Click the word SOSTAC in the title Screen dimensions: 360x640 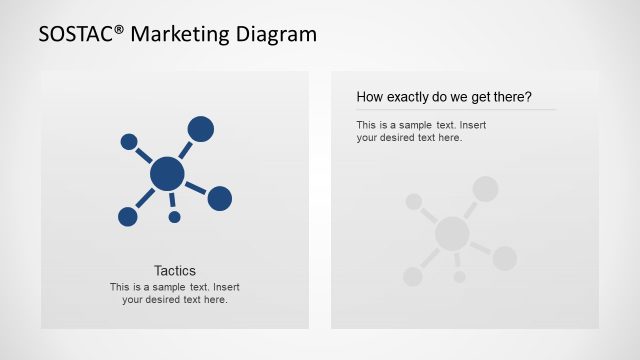[x=76, y=35]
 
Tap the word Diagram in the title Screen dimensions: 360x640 [x=276, y=35]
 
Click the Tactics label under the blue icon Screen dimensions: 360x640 [x=175, y=270]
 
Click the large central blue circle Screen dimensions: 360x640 [x=167, y=175]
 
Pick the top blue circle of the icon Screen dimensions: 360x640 [x=201, y=128]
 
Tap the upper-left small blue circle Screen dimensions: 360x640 [x=129, y=142]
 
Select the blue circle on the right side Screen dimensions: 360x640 [x=220, y=198]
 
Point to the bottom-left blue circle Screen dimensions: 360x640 [x=128, y=216]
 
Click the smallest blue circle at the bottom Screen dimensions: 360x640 [x=174, y=217]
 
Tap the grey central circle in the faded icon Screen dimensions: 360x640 [x=452, y=234]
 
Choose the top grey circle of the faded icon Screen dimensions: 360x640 [x=486, y=188]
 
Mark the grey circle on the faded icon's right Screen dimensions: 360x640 [x=505, y=258]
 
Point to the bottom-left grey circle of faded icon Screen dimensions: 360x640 [x=413, y=276]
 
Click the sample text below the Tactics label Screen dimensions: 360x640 [x=175, y=293]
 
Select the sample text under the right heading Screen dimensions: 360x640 [x=421, y=131]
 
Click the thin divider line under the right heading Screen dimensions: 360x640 [x=456, y=110]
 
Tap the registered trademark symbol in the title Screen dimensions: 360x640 [x=120, y=30]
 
